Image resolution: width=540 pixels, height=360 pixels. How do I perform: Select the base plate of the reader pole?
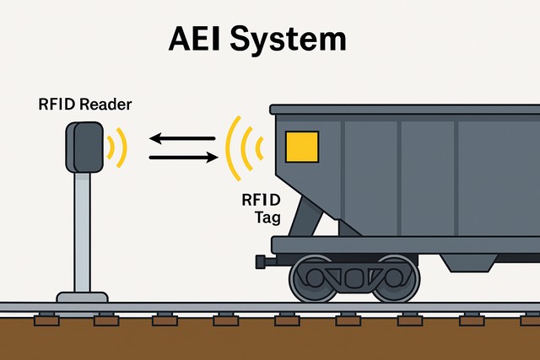82,297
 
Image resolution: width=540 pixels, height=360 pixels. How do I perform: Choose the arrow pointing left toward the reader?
181,138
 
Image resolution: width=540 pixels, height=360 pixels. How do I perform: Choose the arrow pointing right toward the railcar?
182,156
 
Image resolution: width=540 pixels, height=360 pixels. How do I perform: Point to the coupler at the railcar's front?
263,261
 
